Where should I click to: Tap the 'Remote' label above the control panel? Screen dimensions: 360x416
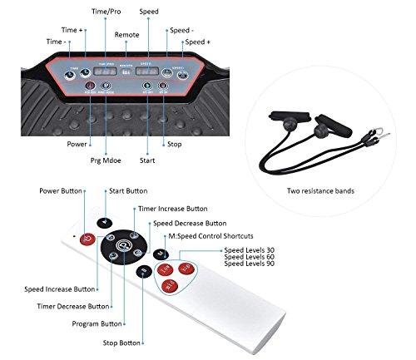[x=126, y=34]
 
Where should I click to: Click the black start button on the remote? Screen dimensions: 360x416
[x=103, y=223]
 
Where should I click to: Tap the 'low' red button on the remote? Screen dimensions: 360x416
[x=166, y=269]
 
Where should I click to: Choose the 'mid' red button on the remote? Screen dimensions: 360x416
[x=185, y=269]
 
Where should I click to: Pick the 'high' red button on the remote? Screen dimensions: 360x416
[x=170, y=286]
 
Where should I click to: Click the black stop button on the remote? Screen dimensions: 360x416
[x=143, y=271]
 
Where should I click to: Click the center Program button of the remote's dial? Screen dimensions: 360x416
[x=121, y=245]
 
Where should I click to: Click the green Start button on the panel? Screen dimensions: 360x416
[x=146, y=85]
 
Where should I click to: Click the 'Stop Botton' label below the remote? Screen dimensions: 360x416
[x=120, y=342]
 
